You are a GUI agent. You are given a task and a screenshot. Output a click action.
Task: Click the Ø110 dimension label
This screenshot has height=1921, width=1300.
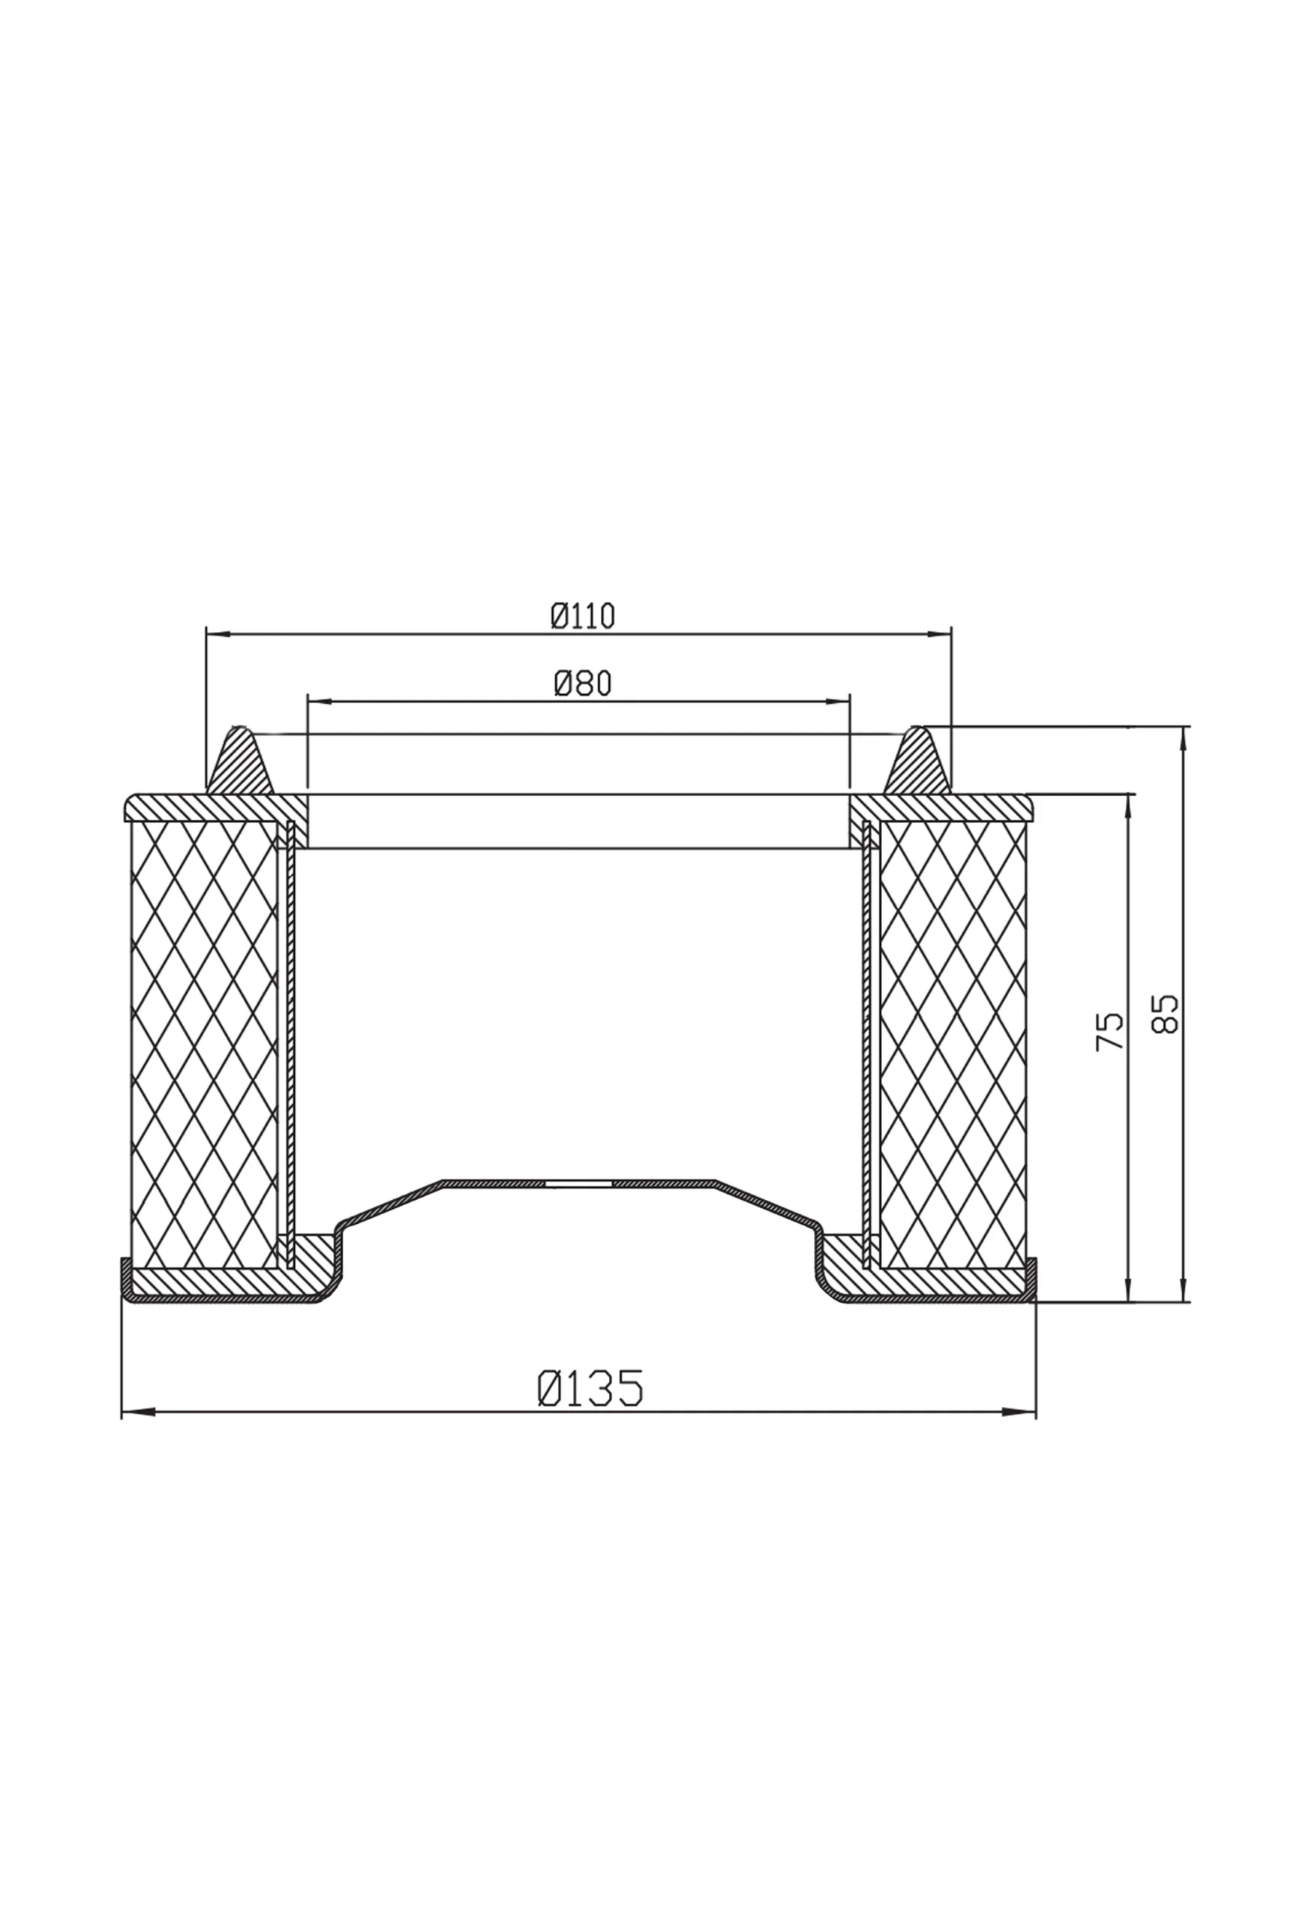click(584, 617)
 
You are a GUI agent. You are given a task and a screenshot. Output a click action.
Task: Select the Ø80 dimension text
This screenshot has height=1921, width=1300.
click(584, 684)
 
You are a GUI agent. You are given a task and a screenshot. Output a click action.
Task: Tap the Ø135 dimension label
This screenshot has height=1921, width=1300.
click(590, 1388)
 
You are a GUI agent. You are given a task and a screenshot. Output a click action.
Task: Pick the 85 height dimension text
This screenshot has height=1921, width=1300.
click(1164, 1013)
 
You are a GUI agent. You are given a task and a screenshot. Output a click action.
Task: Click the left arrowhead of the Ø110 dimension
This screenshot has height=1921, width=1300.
click(218, 634)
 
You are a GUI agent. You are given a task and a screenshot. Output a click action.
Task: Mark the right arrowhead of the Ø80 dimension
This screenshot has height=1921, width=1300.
click(837, 701)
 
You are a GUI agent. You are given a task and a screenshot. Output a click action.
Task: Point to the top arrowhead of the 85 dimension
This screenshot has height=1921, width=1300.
click(1184, 739)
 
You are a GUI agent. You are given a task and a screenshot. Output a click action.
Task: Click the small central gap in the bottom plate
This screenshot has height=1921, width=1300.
click(578, 1183)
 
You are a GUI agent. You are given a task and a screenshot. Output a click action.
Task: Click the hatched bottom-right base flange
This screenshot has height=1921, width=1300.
click(934, 1284)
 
